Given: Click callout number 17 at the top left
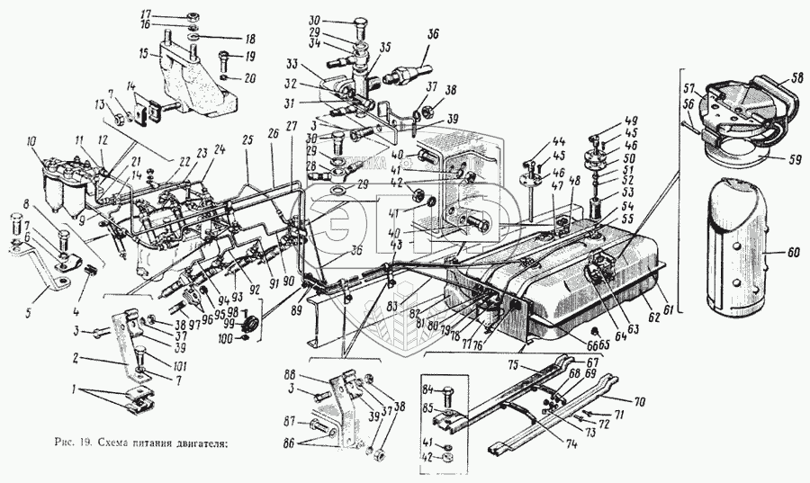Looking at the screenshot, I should click(x=146, y=15).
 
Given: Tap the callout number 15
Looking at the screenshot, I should click(x=144, y=54).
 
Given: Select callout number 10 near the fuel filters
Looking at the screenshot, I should click(x=31, y=141).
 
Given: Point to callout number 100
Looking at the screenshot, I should click(x=226, y=339).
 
